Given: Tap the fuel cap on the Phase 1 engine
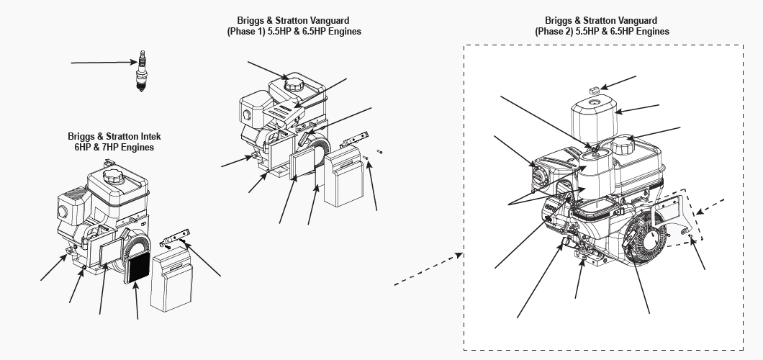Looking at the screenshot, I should click(x=296, y=82).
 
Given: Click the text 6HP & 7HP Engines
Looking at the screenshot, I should click(x=111, y=147).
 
